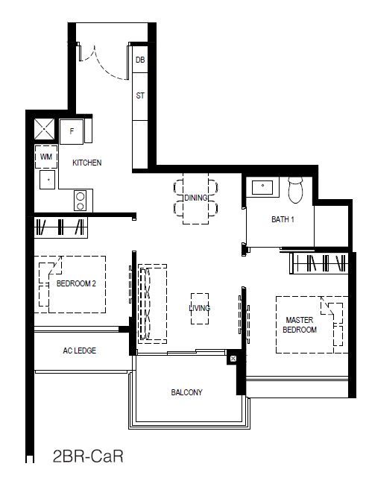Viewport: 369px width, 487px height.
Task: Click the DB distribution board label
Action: pyautogui.click(x=140, y=60)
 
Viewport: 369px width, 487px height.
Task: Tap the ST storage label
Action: pyautogui.click(x=140, y=95)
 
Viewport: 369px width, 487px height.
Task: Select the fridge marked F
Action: pyautogui.click(x=72, y=132)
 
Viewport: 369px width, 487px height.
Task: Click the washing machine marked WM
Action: pyautogui.click(x=46, y=157)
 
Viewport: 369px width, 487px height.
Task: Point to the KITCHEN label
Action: pyautogui.click(x=87, y=163)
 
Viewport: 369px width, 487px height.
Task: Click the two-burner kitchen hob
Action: pyautogui.click(x=81, y=201)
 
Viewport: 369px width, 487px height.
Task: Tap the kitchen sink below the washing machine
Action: pyautogui.click(x=48, y=180)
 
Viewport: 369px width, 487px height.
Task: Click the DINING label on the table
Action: pyautogui.click(x=196, y=198)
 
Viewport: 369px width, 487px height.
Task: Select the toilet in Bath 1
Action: pyautogui.click(x=295, y=189)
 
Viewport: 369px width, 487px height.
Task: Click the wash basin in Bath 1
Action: pyautogui.click(x=262, y=186)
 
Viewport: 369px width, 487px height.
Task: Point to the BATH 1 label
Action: pyautogui.click(x=283, y=219)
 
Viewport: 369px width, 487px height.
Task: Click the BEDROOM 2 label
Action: pyautogui.click(x=76, y=283)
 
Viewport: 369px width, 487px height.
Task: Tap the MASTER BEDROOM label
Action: pyautogui.click(x=300, y=325)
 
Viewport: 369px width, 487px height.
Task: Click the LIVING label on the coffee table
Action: pyautogui.click(x=200, y=308)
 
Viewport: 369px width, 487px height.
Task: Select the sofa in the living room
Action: pyautogui.click(x=152, y=304)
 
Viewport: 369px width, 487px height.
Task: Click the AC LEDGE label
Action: pyautogui.click(x=80, y=351)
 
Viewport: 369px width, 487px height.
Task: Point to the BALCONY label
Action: pyautogui.click(x=186, y=392)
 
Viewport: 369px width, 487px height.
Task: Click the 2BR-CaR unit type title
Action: pyautogui.click(x=88, y=456)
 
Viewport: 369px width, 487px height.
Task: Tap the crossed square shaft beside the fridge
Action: pyautogui.click(x=45, y=129)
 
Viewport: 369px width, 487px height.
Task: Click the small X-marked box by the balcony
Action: pyautogui.click(x=233, y=359)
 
